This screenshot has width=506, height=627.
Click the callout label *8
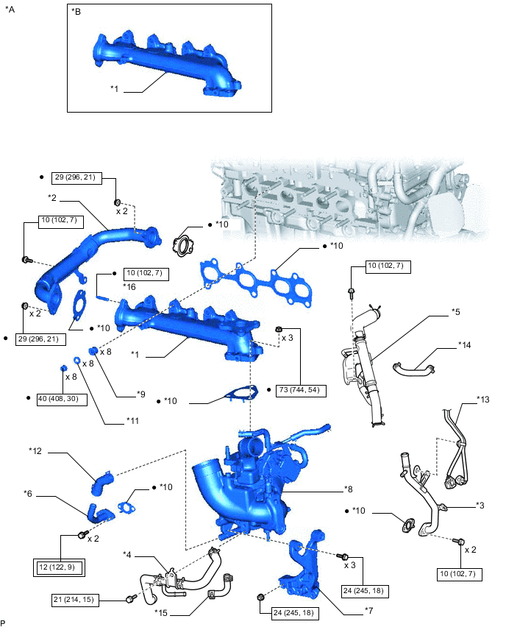[349, 489]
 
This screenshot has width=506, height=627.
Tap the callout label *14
[465, 344]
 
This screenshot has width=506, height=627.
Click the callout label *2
[53, 197]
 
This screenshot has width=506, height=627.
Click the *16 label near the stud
[129, 286]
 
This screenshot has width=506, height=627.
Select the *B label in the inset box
[76, 12]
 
